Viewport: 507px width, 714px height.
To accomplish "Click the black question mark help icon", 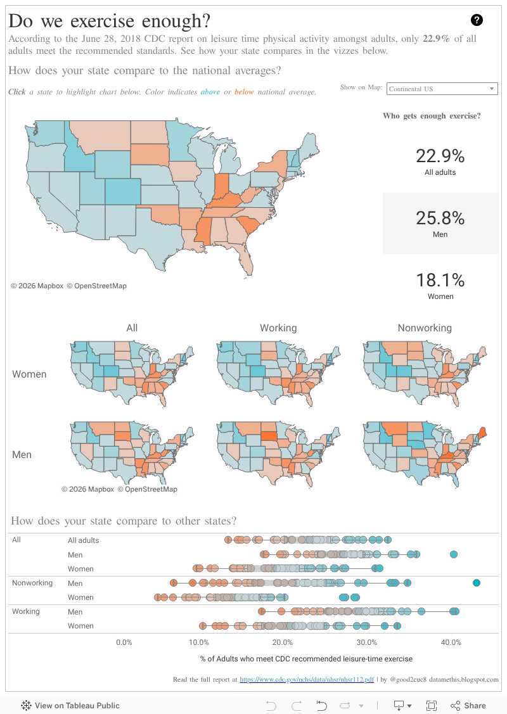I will [x=477, y=20].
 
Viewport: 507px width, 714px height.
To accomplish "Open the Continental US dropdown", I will [x=442, y=89].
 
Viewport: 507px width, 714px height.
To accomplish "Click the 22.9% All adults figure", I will [x=440, y=161].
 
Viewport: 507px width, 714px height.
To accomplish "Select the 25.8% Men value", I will [x=440, y=223].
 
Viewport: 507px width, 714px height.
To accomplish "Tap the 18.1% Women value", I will [x=440, y=285].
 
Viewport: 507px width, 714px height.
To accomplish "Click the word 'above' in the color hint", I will [x=210, y=92].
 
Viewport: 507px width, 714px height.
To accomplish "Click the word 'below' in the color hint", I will [x=244, y=92].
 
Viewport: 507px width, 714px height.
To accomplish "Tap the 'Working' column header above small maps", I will [x=278, y=328].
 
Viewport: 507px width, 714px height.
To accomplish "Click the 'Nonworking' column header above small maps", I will [x=425, y=328].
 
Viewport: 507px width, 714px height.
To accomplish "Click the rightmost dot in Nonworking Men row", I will [x=477, y=583].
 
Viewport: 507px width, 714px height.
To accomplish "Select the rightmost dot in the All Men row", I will [x=454, y=554].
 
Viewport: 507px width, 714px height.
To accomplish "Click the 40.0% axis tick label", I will [x=451, y=642].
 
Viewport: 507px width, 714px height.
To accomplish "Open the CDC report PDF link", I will [x=307, y=680].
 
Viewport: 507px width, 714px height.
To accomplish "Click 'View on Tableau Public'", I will [x=70, y=706].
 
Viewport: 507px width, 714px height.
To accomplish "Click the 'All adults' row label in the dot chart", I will [x=84, y=540].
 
